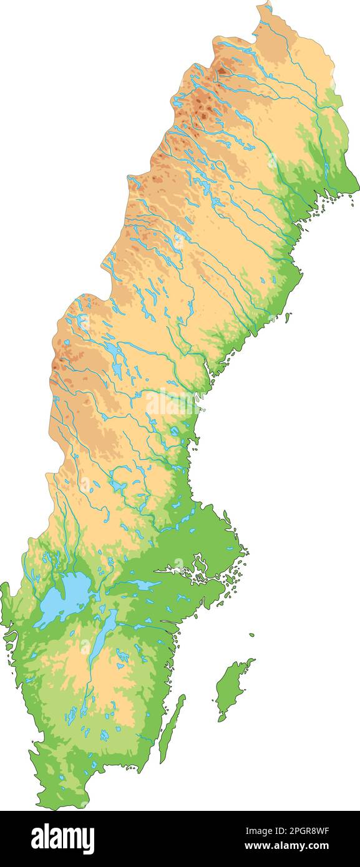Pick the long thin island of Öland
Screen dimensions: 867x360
pos(172,730)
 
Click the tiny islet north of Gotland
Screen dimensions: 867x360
pos(252,635)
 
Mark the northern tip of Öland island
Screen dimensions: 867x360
pos(183,696)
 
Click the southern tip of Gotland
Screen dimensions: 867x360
pos(220,720)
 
